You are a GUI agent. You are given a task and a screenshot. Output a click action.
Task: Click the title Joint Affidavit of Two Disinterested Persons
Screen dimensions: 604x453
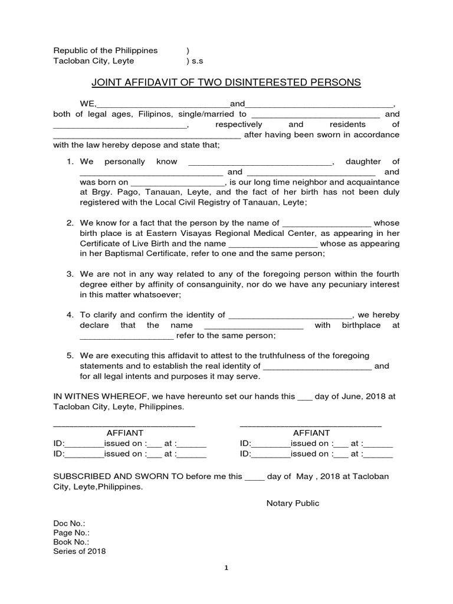[x=226, y=83]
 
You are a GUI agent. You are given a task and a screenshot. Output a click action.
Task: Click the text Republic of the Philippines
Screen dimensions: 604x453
[x=106, y=51]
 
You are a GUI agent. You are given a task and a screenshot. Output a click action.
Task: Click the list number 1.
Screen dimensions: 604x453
[x=69, y=162]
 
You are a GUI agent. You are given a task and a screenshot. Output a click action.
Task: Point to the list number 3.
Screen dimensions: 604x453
[x=69, y=274]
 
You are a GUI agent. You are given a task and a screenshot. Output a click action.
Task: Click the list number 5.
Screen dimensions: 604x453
[x=69, y=355]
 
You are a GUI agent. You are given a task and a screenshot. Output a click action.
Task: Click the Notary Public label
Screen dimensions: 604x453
[x=293, y=503]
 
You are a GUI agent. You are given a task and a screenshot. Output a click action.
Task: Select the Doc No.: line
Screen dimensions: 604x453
[x=69, y=523]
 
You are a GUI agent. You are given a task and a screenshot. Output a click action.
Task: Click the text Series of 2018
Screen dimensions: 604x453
[x=80, y=551]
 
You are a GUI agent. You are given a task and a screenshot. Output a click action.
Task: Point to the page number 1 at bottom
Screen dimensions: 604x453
[x=226, y=568]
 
